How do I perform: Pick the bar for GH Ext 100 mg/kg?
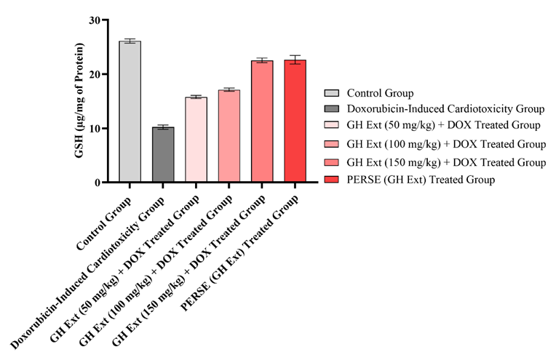229,136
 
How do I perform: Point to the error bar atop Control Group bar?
130,41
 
